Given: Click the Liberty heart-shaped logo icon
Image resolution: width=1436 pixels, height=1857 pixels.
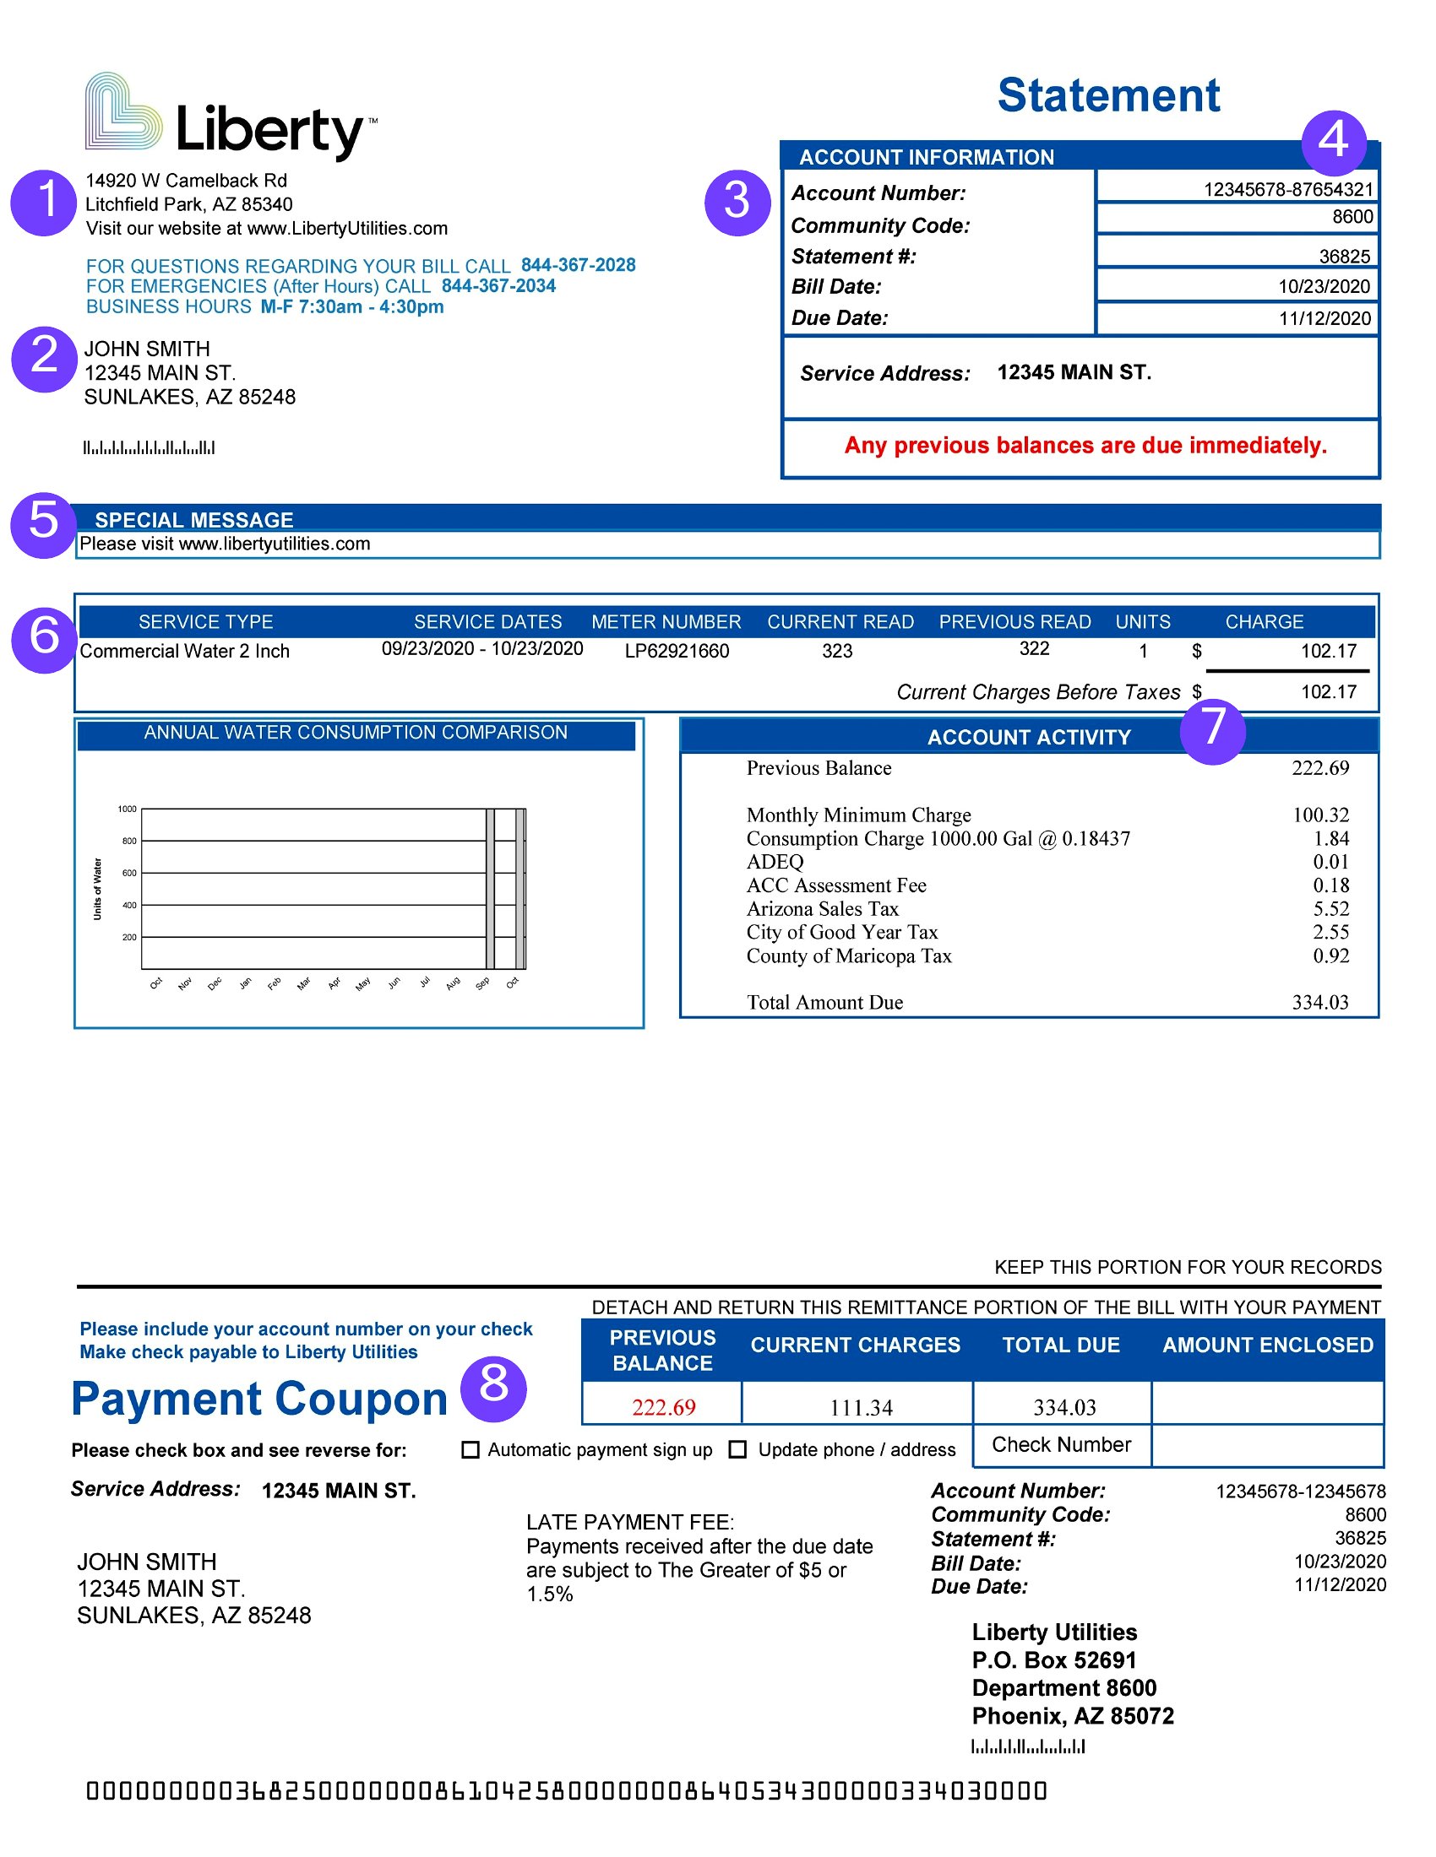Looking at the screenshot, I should (123, 112).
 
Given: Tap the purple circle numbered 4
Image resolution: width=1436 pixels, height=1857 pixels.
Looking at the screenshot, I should (1333, 140).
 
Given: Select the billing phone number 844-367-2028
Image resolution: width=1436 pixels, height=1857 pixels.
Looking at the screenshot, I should (578, 265).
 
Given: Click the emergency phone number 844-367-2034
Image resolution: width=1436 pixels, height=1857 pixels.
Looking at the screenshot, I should (498, 285).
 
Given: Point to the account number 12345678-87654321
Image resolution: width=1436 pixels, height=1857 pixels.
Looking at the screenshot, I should (1287, 190).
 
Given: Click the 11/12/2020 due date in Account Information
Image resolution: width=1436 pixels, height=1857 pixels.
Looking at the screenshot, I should (1324, 319).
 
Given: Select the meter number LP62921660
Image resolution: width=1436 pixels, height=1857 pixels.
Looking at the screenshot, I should (677, 652).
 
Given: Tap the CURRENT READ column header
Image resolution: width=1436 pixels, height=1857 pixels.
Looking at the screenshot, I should (840, 622).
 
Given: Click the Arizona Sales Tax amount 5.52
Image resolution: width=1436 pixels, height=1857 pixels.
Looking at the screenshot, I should (1330, 909).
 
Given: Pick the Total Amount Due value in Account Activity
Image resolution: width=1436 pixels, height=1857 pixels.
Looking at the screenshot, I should (1319, 1003).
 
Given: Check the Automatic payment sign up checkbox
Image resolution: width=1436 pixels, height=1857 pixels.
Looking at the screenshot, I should (471, 1449).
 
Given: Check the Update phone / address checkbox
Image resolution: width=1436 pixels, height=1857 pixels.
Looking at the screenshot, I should (738, 1449).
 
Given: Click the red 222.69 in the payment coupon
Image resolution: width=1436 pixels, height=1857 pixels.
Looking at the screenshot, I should (664, 1408).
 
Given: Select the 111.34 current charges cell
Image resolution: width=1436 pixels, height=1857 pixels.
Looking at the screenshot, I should (861, 1408).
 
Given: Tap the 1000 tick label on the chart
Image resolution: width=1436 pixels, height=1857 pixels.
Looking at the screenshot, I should (127, 809).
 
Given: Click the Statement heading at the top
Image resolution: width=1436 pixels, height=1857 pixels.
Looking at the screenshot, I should (1107, 95).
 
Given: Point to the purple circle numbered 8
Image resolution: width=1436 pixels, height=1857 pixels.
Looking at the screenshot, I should (493, 1389).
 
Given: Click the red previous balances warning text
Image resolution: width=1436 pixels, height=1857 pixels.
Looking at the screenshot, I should (1085, 446).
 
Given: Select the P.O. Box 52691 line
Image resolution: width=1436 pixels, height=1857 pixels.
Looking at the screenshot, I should (1054, 1660).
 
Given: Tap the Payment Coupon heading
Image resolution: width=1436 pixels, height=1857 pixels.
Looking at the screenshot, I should (259, 1400).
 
